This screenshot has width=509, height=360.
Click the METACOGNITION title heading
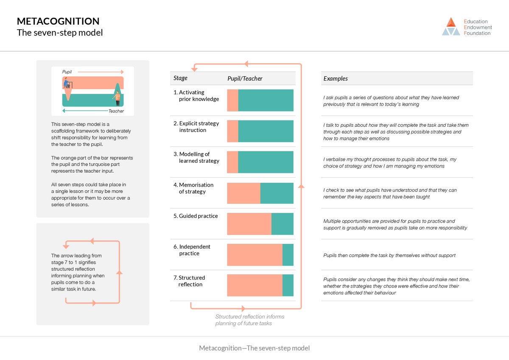coord(58,21)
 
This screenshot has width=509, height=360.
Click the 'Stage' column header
coord(180,78)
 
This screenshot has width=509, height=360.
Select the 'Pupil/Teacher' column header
coord(245,78)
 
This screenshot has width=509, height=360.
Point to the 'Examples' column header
coord(336,78)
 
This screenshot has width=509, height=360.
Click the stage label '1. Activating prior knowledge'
coord(196,96)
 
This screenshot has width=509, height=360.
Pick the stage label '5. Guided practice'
coord(196,216)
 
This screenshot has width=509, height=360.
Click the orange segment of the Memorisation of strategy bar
coord(243,193)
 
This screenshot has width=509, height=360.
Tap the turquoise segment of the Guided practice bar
coord(282,224)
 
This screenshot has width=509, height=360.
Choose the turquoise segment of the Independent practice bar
coord(288,255)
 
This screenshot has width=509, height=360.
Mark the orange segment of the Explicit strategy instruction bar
coord(232,131)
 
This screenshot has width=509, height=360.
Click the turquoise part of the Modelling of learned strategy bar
coord(266,162)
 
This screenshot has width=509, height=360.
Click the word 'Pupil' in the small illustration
coord(67,72)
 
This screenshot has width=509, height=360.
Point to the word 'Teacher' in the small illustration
coord(116,111)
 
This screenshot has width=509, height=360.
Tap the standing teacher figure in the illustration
coord(117,97)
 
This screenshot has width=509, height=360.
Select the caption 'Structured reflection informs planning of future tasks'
coord(250,320)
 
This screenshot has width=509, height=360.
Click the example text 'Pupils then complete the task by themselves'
coord(389,255)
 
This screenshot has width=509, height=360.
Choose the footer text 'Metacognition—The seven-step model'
coord(255,348)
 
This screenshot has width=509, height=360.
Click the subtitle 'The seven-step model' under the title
coord(60,33)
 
